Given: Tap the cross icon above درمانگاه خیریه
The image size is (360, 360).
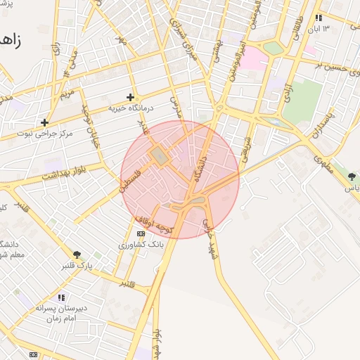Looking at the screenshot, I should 130,97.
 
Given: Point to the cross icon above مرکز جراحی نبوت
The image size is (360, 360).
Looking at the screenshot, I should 44,122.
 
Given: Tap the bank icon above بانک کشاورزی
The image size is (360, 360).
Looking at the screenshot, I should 141,233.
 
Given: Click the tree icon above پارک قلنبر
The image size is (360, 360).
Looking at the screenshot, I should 77,255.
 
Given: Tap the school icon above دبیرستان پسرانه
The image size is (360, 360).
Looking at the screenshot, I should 61,297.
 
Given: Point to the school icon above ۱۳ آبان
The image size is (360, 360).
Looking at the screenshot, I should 319,18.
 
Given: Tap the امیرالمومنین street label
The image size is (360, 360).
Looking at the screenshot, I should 231,52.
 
